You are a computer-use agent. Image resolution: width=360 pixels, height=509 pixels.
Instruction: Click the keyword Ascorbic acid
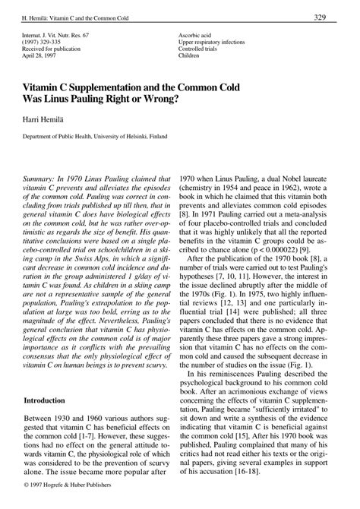tap(197, 36)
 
